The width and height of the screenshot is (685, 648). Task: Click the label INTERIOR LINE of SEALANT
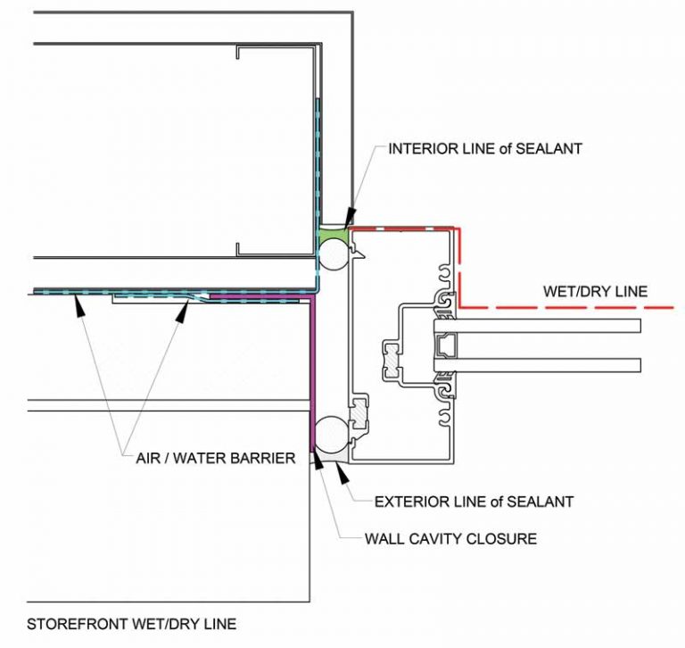coord(485,149)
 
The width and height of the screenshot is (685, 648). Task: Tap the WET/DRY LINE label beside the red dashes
coord(595,292)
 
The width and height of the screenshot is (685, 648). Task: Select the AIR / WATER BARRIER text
coord(216,458)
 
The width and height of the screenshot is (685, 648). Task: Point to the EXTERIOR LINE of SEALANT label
coord(474,502)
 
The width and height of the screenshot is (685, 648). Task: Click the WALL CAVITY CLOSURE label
coord(450,538)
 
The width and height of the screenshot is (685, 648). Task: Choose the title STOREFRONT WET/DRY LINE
coord(131,624)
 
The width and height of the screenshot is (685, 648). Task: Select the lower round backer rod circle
coord(331,434)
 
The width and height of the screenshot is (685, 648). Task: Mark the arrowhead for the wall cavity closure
coord(318,461)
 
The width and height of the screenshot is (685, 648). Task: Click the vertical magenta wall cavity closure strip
coord(312,374)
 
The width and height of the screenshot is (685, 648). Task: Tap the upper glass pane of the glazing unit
coord(537,326)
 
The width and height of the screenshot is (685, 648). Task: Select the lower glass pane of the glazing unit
coord(537,365)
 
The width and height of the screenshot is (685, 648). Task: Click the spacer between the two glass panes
coord(446,345)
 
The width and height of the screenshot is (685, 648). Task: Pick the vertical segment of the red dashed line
coord(458,268)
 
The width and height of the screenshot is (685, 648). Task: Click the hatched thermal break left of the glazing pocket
coord(392,353)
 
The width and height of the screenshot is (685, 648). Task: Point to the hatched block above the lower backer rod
coord(359,412)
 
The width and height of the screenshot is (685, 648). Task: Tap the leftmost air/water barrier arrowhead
coord(78,304)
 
